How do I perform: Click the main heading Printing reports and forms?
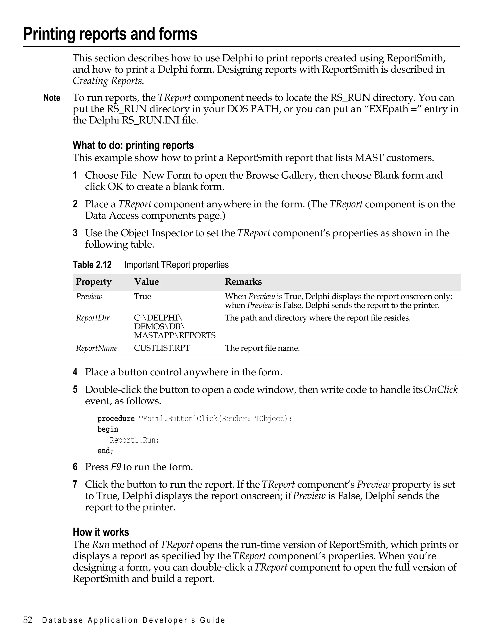pyautogui.click(x=110, y=34)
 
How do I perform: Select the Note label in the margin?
pyautogui.click(x=52, y=98)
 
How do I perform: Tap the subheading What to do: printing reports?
pyautogui.click(x=133, y=145)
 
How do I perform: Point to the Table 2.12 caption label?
pyautogui.click(x=92, y=265)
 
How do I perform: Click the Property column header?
pyautogui.click(x=93, y=282)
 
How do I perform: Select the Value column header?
pyautogui.click(x=146, y=282)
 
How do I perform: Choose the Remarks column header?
pyautogui.click(x=243, y=282)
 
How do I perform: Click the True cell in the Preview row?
pyautogui.click(x=142, y=296)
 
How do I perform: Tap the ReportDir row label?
pyautogui.click(x=93, y=318)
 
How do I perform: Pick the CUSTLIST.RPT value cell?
pyautogui.click(x=162, y=348)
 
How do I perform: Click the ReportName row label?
pyautogui.click(x=97, y=348)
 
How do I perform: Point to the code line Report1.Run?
pyautogui.click(x=134, y=440)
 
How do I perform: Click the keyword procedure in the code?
pyautogui.click(x=116, y=418)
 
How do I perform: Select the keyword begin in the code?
pyautogui.click(x=108, y=429)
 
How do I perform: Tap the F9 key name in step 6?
pyautogui.click(x=116, y=467)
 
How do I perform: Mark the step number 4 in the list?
pyautogui.click(x=75, y=372)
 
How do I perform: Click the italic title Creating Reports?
pyautogui.click(x=108, y=81)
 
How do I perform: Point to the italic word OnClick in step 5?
pyautogui.click(x=441, y=390)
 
